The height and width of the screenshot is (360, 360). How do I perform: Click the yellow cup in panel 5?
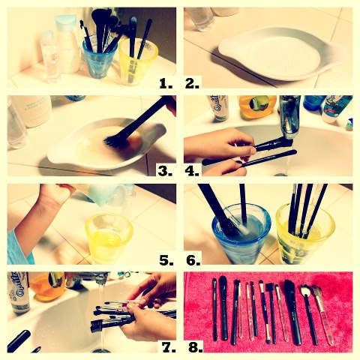click(x=110, y=237)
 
